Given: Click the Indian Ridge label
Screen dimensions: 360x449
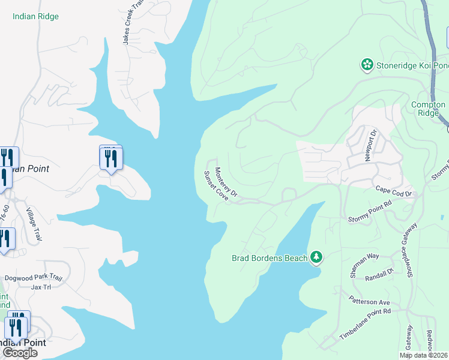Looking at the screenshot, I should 35,16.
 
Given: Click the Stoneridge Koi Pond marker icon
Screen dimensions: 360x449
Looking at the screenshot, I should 366,64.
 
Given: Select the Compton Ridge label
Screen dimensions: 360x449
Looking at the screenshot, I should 428,109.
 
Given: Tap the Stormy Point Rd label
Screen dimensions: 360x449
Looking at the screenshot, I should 370,212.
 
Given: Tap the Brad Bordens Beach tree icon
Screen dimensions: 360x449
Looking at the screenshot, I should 316,258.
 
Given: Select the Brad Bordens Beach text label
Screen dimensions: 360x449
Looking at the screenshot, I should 270,259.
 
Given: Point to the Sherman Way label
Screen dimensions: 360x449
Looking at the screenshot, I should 364,263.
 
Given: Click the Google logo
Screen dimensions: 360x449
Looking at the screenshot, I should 20,352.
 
